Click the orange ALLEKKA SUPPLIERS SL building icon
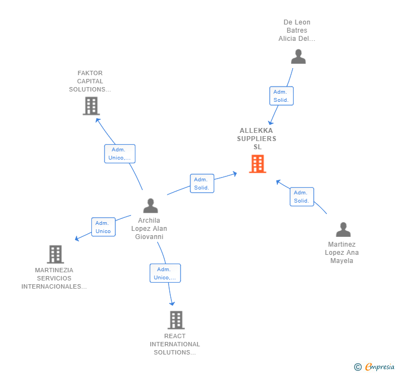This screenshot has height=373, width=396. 257,163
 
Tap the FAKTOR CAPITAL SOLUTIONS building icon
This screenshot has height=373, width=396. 91,106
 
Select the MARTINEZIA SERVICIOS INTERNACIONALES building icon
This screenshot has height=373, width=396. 55,254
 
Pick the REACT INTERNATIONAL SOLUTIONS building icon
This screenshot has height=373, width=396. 176,320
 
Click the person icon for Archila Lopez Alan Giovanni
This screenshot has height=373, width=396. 150,206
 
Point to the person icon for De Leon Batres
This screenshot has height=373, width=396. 298,57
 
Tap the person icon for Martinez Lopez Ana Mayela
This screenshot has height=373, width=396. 343,230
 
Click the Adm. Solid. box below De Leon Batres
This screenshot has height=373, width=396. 281,96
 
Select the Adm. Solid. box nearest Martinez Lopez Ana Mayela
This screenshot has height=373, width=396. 301,197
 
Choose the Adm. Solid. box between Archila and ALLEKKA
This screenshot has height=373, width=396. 201,184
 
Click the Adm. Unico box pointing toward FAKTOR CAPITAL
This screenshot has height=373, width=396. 119,154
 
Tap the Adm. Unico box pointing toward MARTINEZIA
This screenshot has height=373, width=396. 103,227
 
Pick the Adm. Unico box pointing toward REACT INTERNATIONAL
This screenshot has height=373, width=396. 165,273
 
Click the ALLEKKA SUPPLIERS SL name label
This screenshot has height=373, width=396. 257,138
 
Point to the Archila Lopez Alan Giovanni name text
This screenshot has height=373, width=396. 148,229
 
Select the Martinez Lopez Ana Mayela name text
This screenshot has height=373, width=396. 342,253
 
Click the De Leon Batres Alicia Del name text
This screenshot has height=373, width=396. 296,30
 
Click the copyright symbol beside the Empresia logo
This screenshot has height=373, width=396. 357,367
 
